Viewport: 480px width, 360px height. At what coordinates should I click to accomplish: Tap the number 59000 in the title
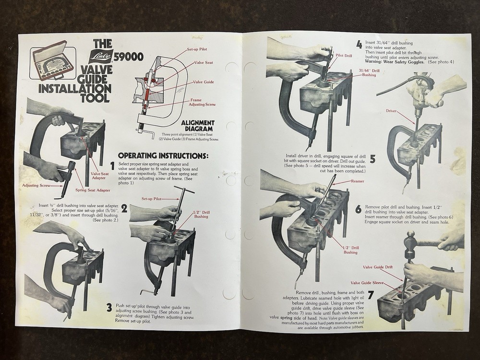[x=128, y=58]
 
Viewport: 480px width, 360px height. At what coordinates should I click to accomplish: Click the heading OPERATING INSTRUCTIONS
[x=163, y=156]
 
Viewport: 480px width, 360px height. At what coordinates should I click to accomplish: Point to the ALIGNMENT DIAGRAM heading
[x=198, y=126]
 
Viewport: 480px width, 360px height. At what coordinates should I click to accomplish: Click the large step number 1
[x=112, y=166]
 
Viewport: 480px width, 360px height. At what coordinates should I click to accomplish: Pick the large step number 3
[x=109, y=308]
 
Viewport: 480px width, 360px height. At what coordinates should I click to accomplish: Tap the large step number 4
[x=359, y=45]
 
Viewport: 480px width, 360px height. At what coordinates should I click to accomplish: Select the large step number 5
[x=372, y=159]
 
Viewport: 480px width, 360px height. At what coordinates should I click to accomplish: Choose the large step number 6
[x=359, y=209]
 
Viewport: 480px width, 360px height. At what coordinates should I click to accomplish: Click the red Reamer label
[x=358, y=181]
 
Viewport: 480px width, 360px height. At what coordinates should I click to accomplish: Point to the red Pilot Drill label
[x=344, y=56]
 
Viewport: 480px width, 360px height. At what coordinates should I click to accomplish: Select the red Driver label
[x=391, y=110]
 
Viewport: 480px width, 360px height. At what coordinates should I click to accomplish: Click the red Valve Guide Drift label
[x=378, y=267]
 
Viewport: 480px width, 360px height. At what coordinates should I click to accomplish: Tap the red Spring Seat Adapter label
[x=93, y=190]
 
